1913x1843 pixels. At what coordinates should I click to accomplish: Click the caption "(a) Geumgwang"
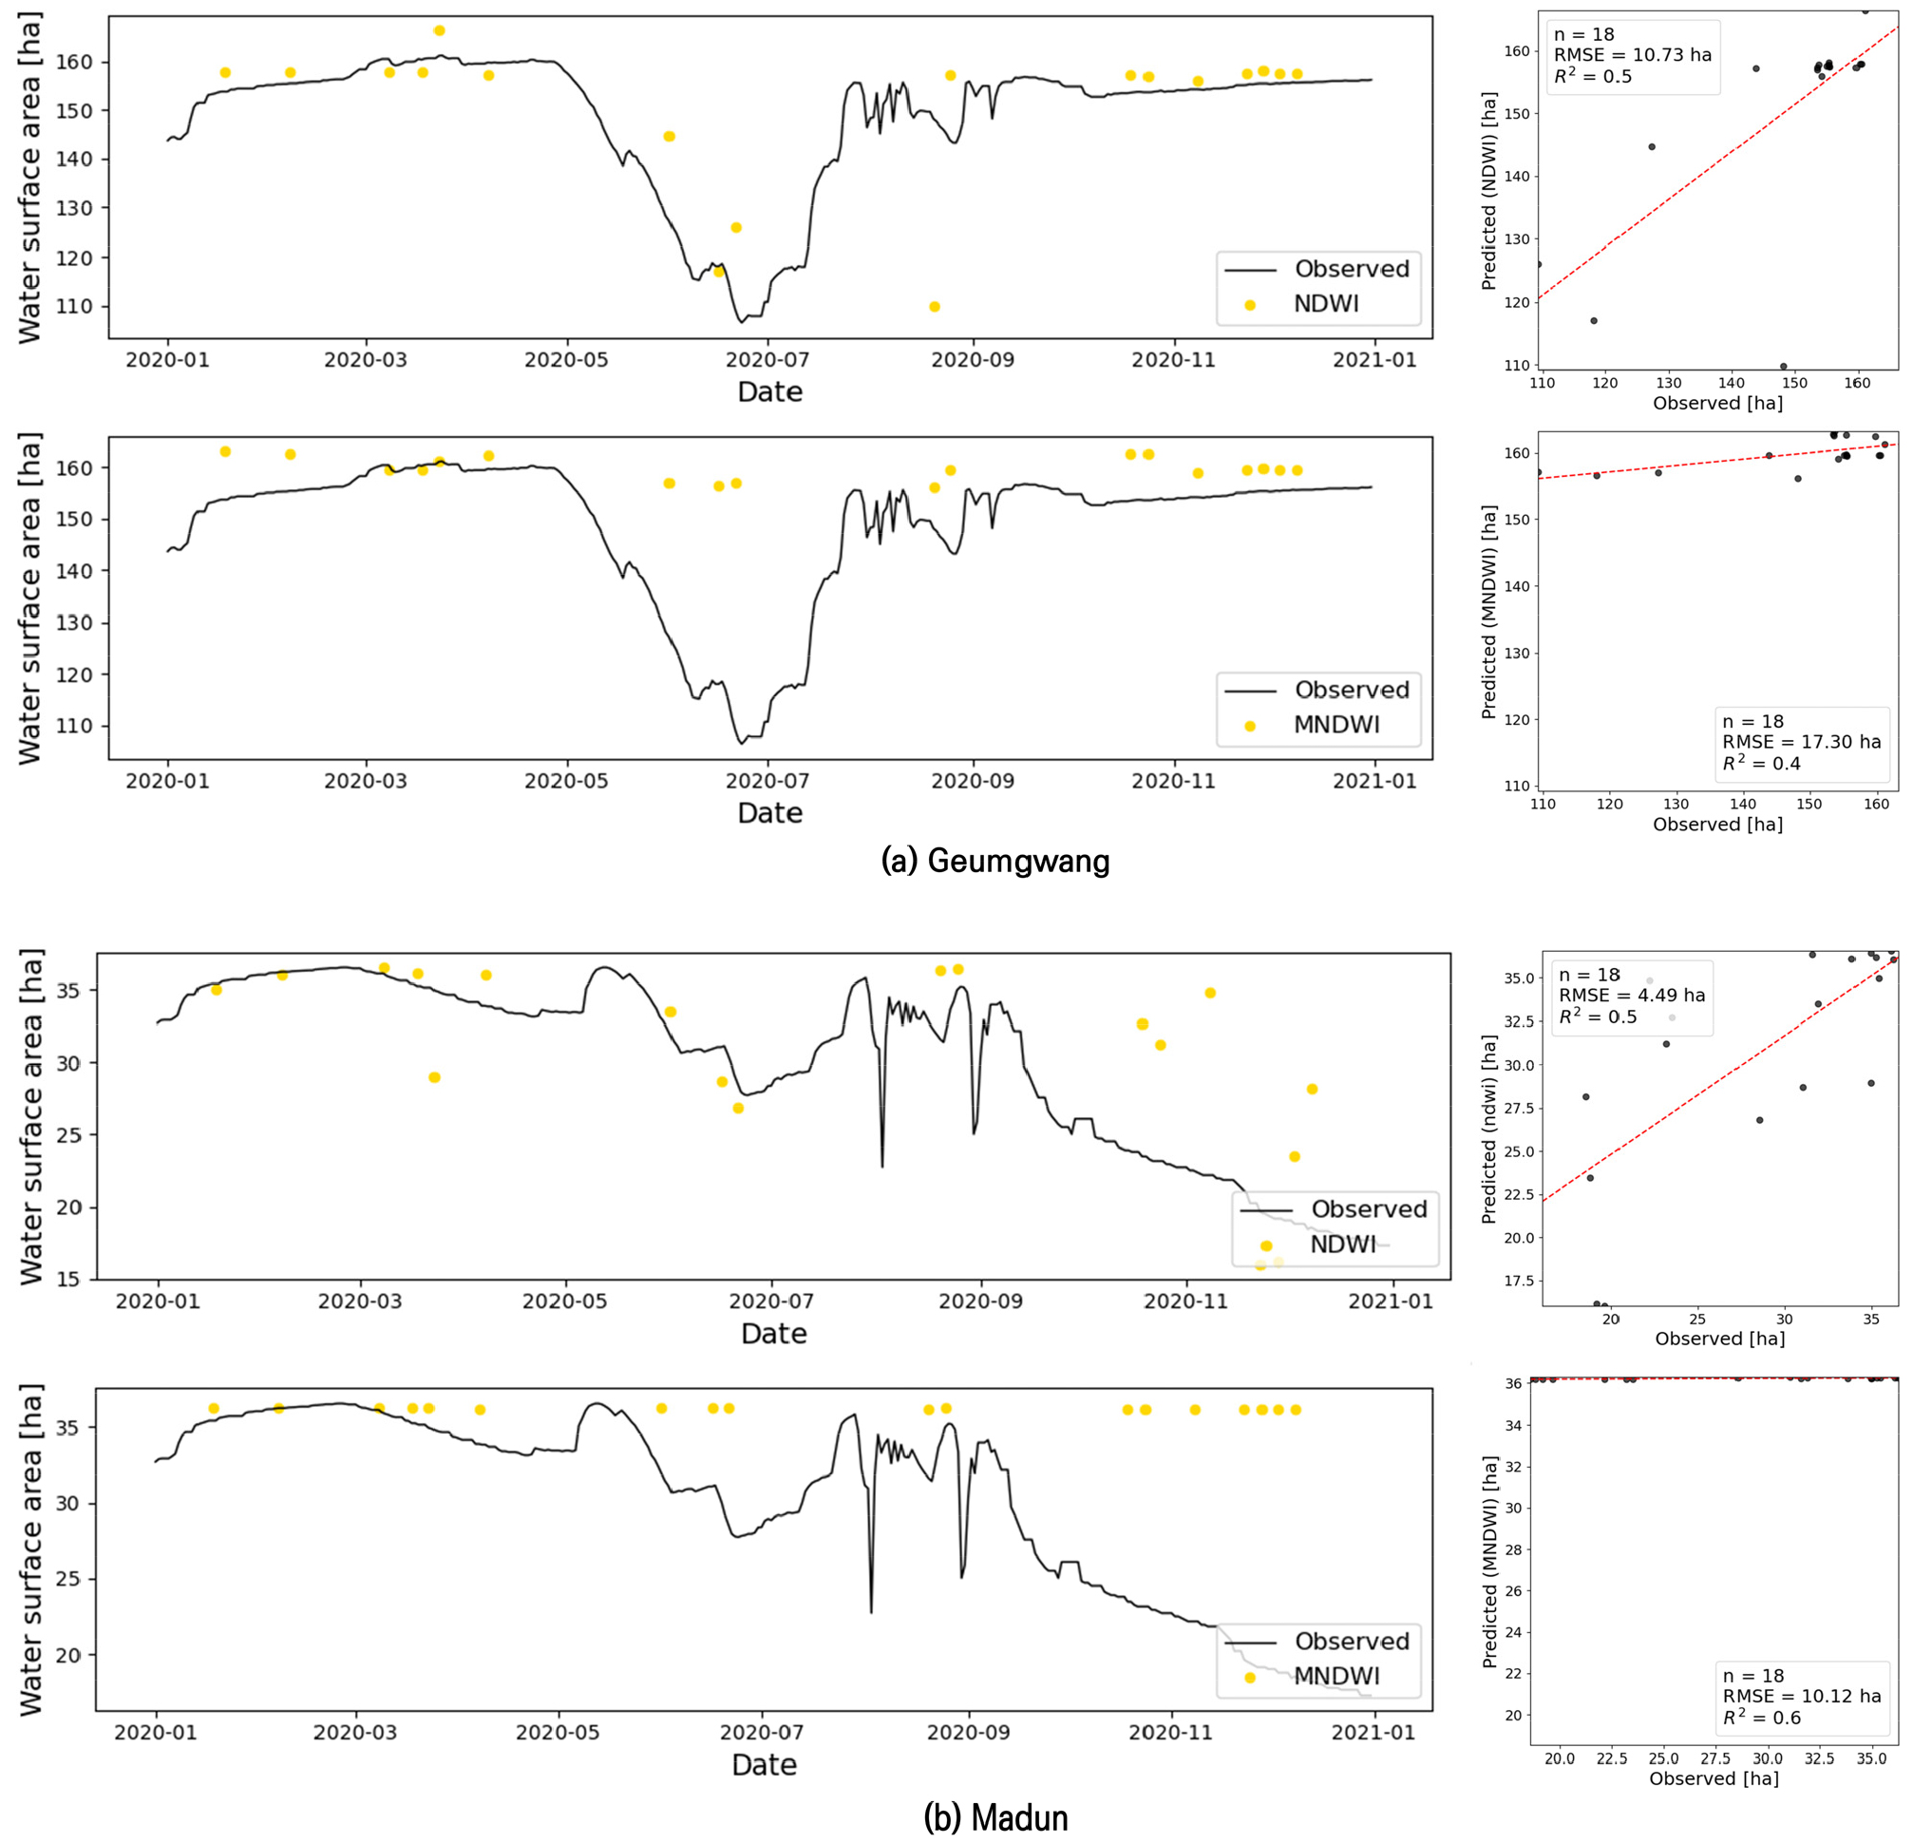pos(994,860)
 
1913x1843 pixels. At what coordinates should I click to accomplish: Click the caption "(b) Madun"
pos(994,1816)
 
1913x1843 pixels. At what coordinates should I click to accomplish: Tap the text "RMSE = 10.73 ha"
pos(1633,55)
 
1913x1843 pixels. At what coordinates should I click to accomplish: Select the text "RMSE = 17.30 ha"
pos(1802,742)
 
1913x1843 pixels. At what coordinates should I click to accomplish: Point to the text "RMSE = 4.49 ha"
pos(1632,996)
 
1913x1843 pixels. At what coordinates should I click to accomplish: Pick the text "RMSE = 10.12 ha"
pos(1802,1696)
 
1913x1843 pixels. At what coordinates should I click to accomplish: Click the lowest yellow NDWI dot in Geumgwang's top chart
pos(934,307)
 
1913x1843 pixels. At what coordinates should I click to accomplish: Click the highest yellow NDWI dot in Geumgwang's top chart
pos(439,30)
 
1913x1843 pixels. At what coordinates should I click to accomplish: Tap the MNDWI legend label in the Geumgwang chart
pos(1336,724)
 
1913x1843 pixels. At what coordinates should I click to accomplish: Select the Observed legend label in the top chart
pos(1352,269)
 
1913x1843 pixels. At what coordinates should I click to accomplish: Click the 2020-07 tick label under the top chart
pos(767,359)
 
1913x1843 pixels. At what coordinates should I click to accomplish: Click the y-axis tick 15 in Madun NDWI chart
pos(69,1279)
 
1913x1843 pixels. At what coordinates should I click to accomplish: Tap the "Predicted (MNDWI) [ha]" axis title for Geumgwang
pos(1488,612)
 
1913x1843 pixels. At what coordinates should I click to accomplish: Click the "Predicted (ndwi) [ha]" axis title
pos(1488,1130)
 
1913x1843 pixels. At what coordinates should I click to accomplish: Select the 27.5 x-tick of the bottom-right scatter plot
pos(1715,1758)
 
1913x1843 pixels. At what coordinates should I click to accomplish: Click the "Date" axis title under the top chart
pos(769,391)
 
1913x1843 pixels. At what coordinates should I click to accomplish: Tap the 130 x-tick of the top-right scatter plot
pos(1668,383)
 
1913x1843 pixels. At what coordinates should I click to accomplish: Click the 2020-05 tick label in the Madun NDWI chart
pos(564,1301)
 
